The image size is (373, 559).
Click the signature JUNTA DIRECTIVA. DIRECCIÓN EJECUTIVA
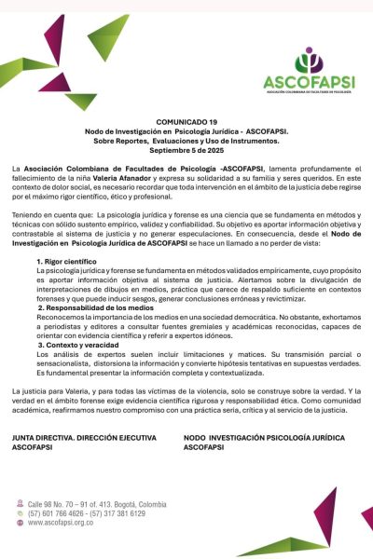(x=89, y=437)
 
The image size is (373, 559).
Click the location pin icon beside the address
(x=21, y=503)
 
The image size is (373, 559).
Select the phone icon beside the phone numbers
(x=21, y=513)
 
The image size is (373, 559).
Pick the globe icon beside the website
(x=21, y=524)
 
